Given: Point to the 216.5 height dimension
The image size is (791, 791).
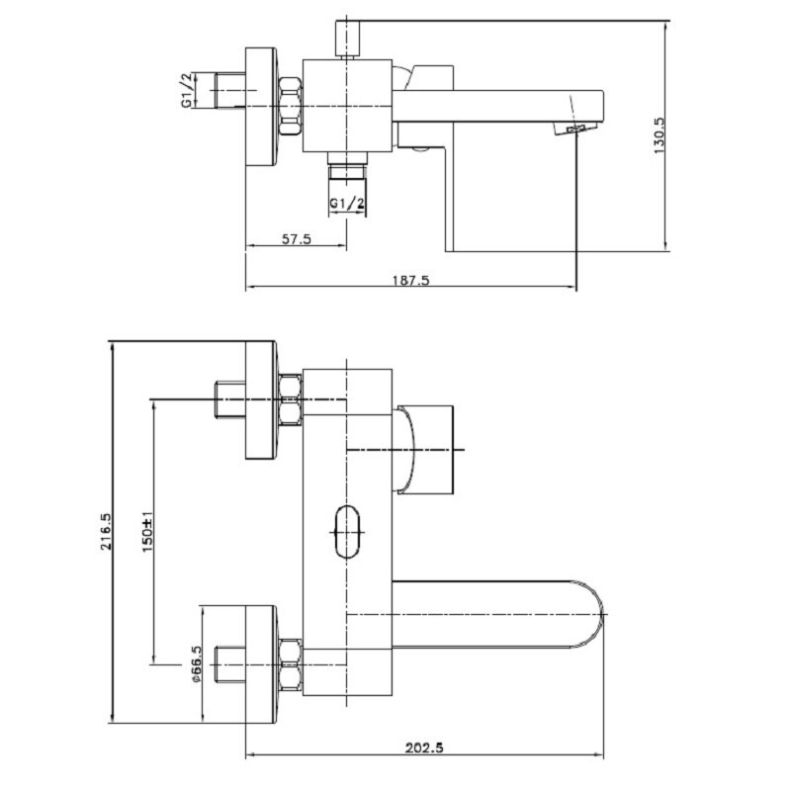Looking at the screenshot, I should (117, 529).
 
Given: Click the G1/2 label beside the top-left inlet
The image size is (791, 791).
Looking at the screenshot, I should (186, 89).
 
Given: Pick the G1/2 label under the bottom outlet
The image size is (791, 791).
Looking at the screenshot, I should (347, 205).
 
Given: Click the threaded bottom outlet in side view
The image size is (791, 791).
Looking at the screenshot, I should (347, 172).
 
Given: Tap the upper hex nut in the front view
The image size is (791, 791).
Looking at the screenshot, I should (292, 398).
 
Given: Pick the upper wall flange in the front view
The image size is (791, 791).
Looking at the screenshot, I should (262, 400).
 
